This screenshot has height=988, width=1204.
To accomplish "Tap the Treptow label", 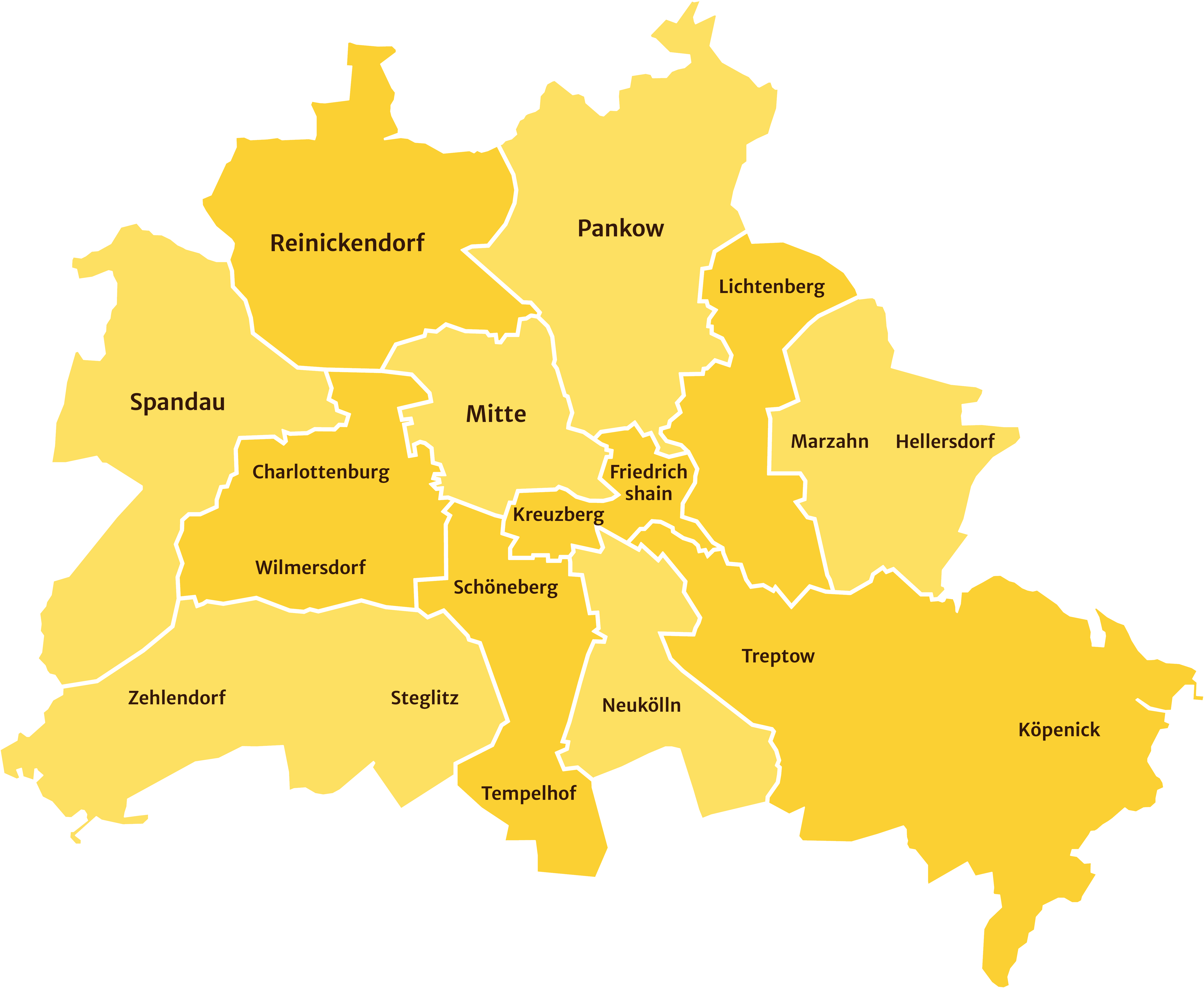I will tap(778, 656).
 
